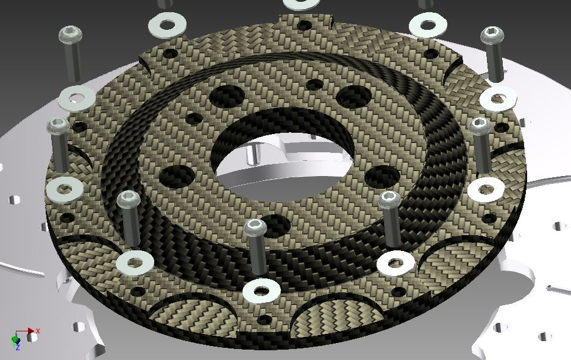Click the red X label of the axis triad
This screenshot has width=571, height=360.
38,331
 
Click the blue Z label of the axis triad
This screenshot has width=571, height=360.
18,347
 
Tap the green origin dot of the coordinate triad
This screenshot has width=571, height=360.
15,339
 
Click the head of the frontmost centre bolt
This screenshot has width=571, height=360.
255,228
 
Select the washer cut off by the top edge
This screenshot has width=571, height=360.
302,3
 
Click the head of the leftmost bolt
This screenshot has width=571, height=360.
59,125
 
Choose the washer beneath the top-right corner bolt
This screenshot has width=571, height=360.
498,98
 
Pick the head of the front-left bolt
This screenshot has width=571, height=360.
129,199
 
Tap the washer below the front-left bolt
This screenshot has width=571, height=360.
135,262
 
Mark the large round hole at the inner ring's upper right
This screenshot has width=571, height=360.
353,97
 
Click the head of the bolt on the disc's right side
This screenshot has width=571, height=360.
480,127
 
